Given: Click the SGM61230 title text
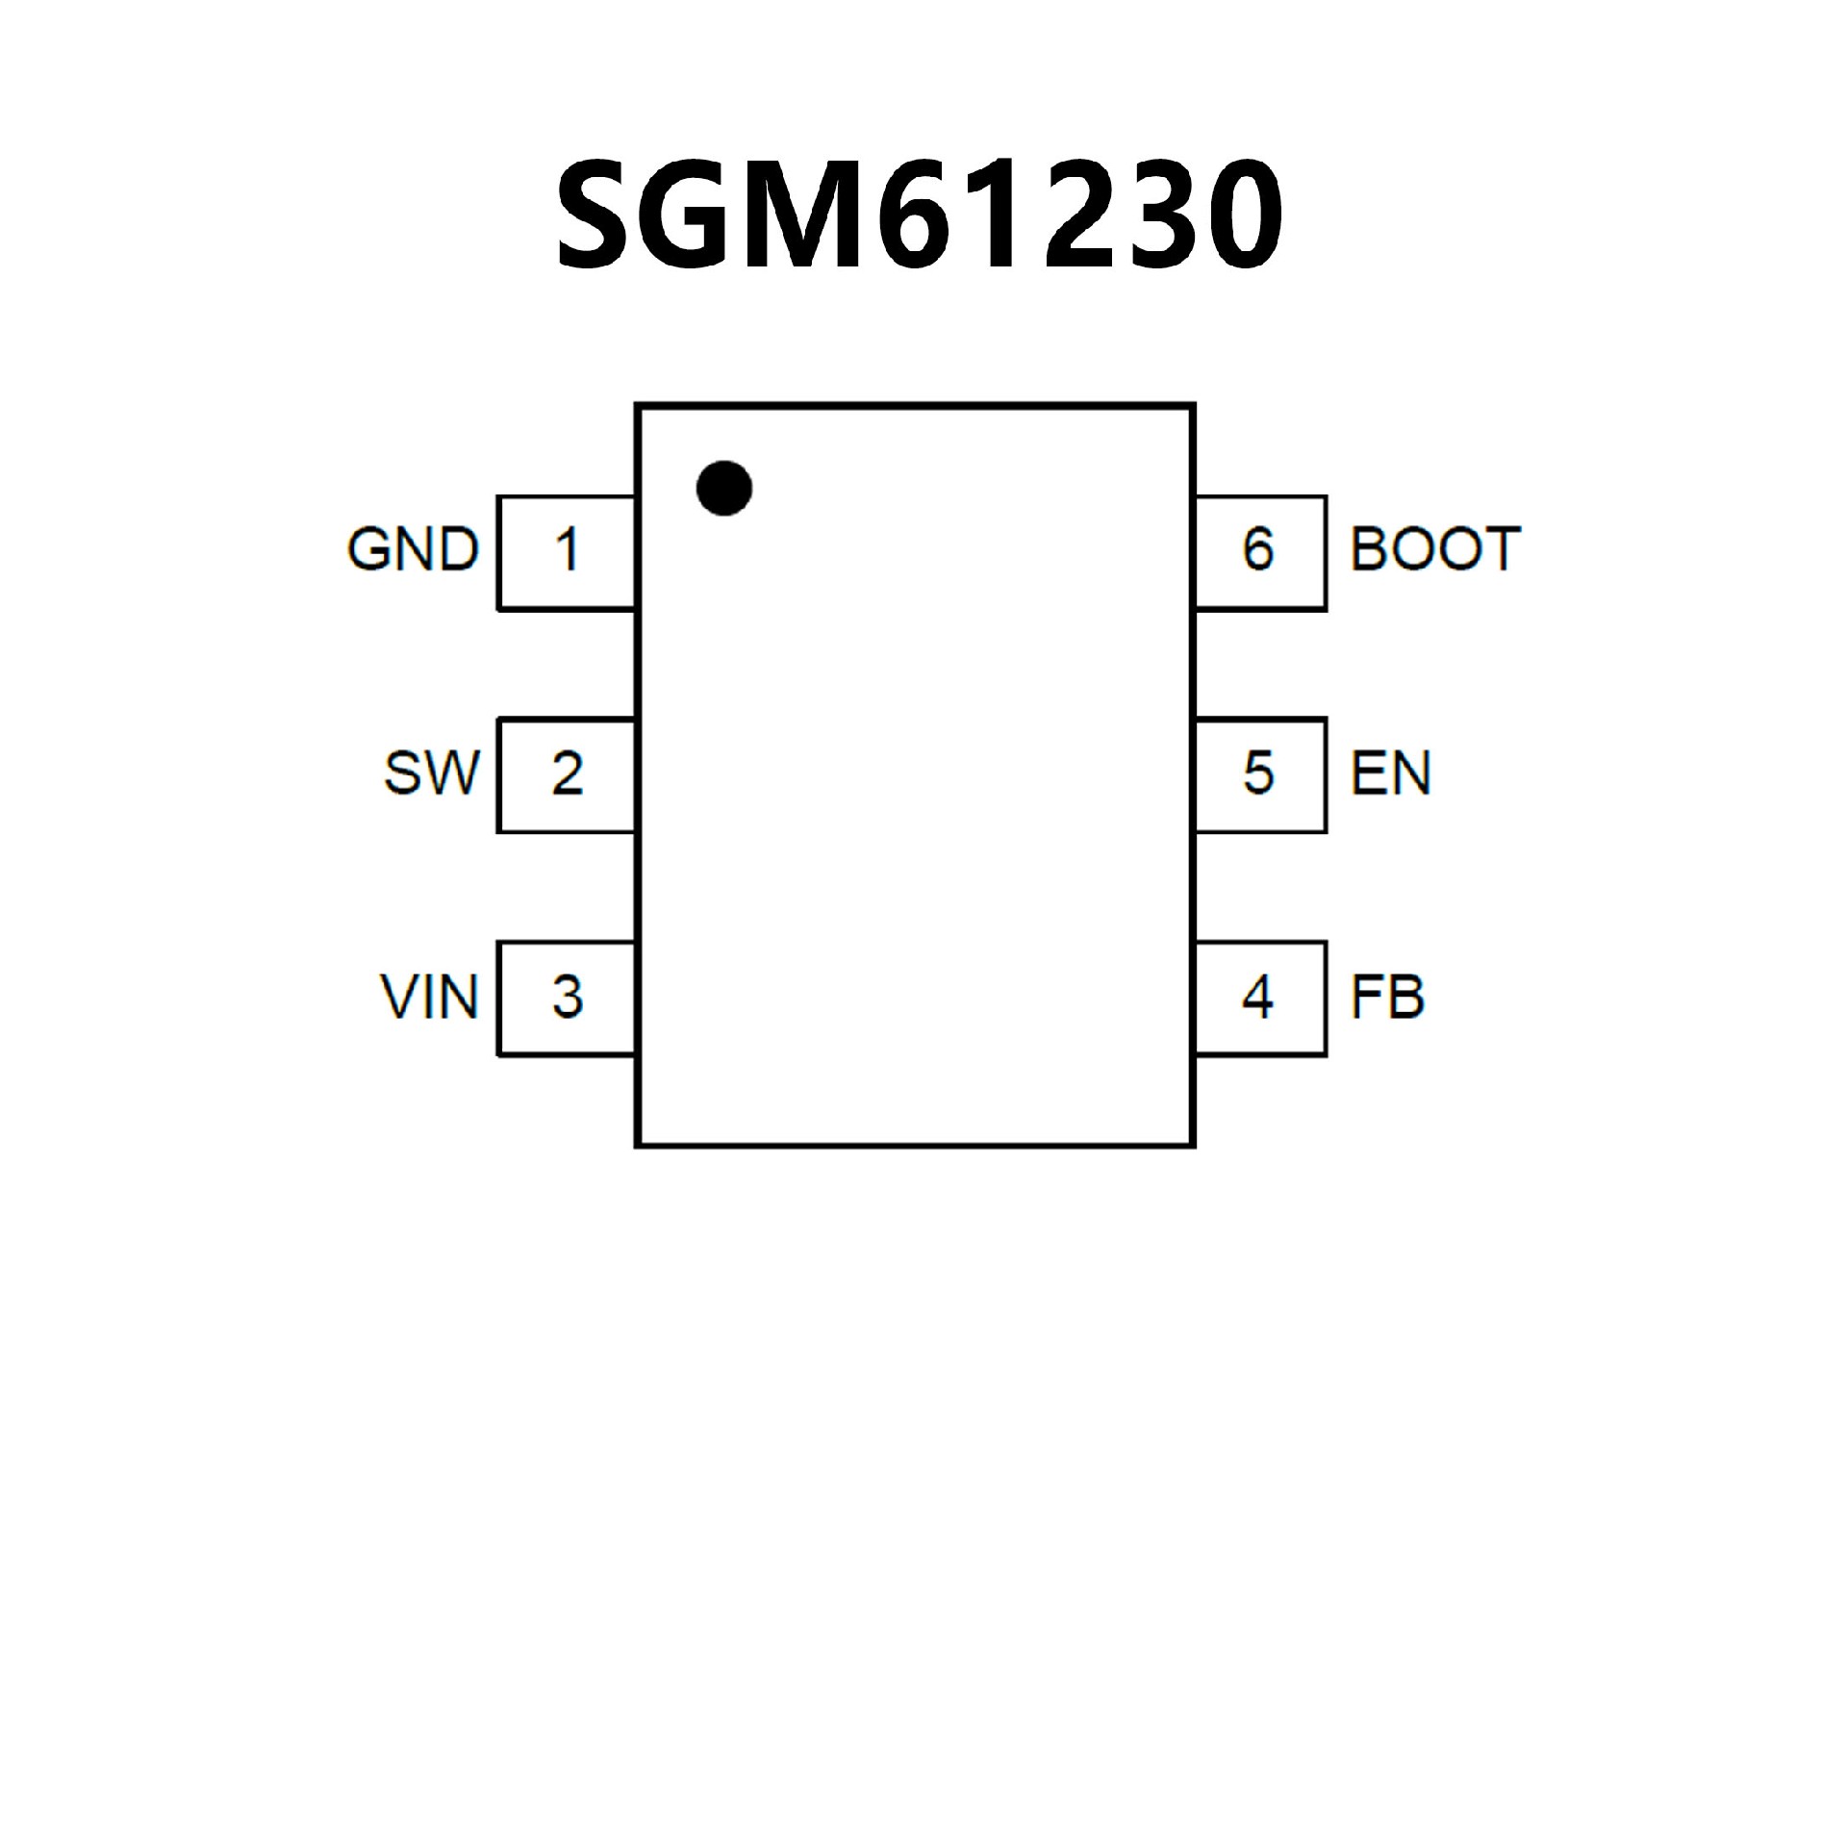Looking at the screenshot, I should pyautogui.click(x=919, y=214).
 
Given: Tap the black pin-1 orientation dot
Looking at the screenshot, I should pyautogui.click(x=723, y=488).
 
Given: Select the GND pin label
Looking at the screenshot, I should pyautogui.click(x=413, y=550).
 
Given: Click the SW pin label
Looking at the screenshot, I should pyautogui.click(x=431, y=772).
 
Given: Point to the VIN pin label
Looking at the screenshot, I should pyautogui.click(x=429, y=997).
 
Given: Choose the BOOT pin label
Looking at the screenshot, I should pyautogui.click(x=1434, y=549).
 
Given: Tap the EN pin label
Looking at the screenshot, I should pyautogui.click(x=1390, y=772).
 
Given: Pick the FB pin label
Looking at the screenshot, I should pyautogui.click(x=1386, y=997).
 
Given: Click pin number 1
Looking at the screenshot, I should pyautogui.click(x=567, y=550).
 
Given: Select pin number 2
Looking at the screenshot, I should pyautogui.click(x=567, y=773).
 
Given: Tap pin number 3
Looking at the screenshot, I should pyautogui.click(x=567, y=997).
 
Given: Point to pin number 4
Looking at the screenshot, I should pyautogui.click(x=1258, y=997).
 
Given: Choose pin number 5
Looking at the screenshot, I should pyautogui.click(x=1258, y=772).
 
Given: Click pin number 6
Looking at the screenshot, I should pyautogui.click(x=1258, y=549).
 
